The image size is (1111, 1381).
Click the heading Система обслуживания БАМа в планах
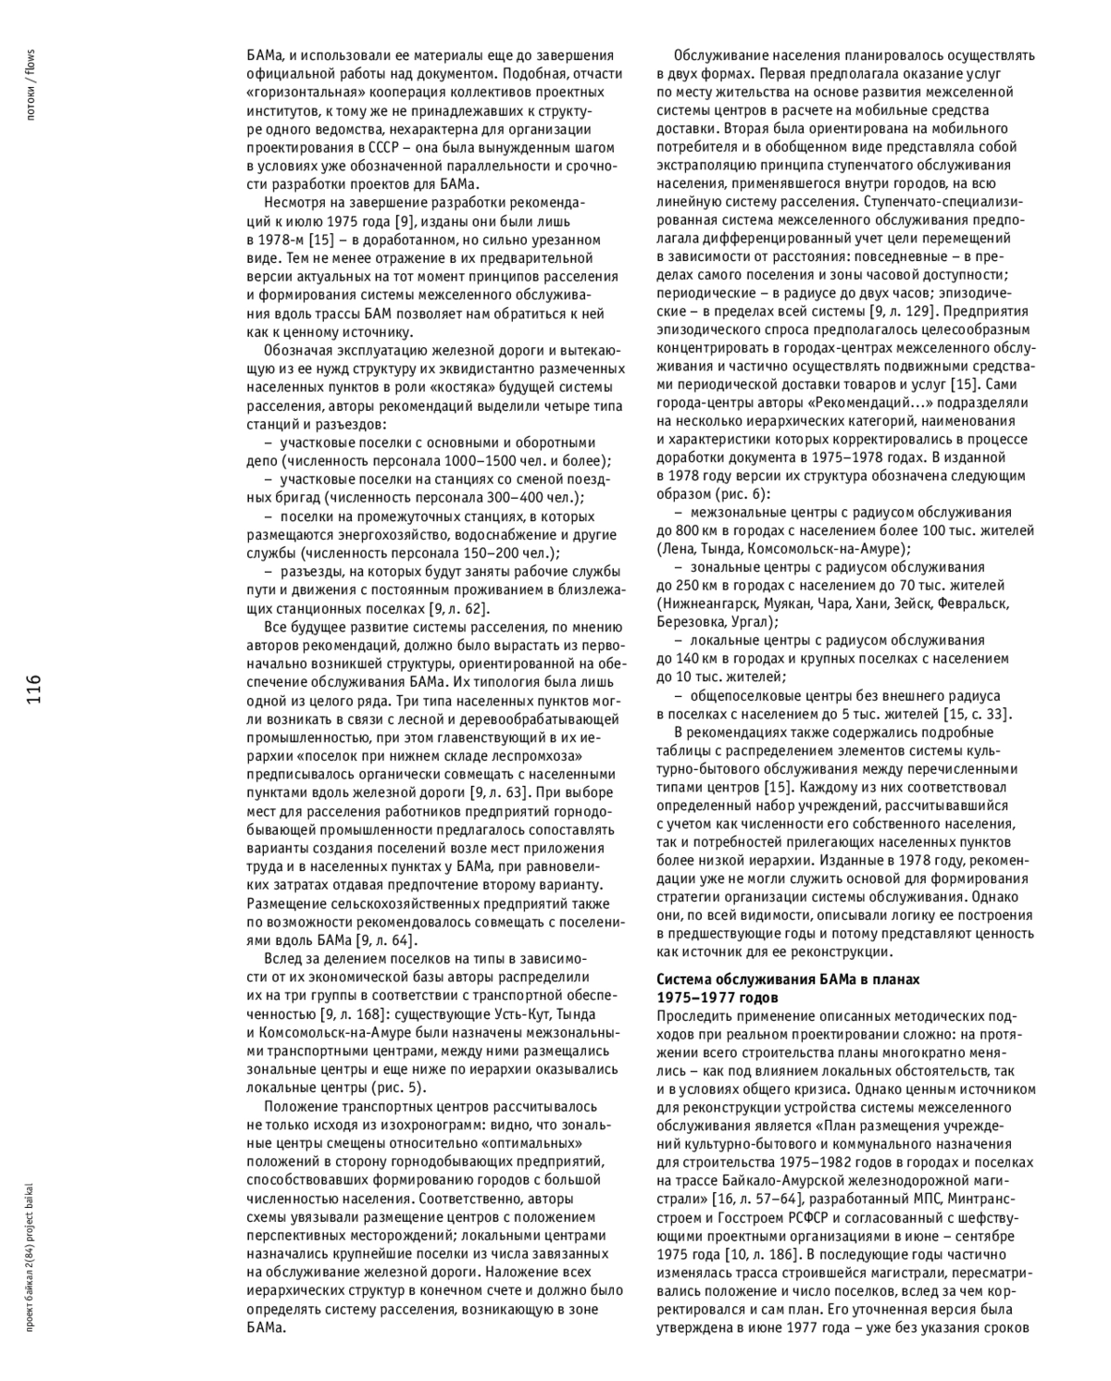pyautogui.click(x=788, y=979)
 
